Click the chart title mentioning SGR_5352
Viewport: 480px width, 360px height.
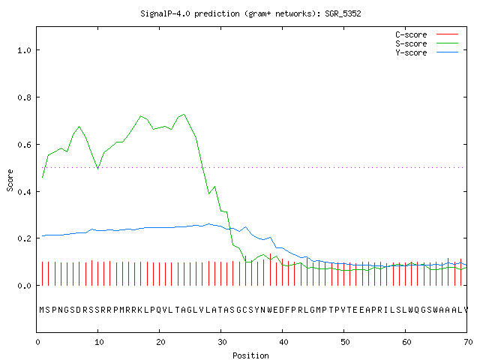pyautogui.click(x=250, y=13)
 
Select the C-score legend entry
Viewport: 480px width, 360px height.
pyautogui.click(x=427, y=34)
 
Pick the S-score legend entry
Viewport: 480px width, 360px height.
pyautogui.click(x=427, y=43)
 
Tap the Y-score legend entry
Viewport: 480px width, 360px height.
pyautogui.click(x=427, y=52)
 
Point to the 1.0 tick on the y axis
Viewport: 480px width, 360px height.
pyautogui.click(x=24, y=50)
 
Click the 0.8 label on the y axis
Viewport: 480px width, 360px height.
pyautogui.click(x=24, y=97)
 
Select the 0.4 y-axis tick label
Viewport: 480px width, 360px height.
pyautogui.click(x=24, y=192)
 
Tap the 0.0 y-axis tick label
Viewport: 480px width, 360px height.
pyautogui.click(x=24, y=286)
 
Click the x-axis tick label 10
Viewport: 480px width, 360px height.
pyautogui.click(x=99, y=342)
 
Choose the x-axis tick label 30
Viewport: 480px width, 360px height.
pyautogui.click(x=222, y=342)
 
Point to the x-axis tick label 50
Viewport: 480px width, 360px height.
pyautogui.click(x=345, y=342)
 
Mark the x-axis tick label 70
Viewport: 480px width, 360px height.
pyautogui.click(x=468, y=342)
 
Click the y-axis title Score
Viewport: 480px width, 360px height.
pyautogui.click(x=10, y=180)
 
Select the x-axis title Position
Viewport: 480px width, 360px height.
pyautogui.click(x=250, y=355)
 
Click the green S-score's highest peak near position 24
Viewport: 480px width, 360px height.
pyautogui.click(x=184, y=115)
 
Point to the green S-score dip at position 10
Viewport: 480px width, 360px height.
pyautogui.click(x=97, y=169)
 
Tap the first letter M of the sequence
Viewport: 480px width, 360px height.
pyautogui.click(x=42, y=310)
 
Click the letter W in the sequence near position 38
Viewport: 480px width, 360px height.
pyautogui.click(x=270, y=310)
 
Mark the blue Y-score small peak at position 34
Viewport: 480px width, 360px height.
pyautogui.click(x=245, y=227)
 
